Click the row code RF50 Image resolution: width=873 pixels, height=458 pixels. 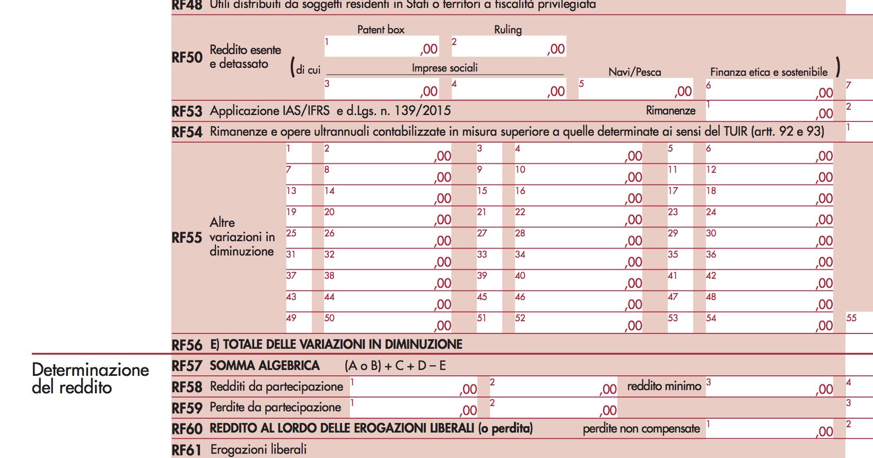tap(187, 57)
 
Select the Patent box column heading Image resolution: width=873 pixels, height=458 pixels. tap(380, 30)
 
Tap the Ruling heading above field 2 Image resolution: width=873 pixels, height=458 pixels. tap(508, 30)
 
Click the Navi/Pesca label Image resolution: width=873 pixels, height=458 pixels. tap(634, 72)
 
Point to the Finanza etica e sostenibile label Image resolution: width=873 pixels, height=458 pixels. tap(769, 72)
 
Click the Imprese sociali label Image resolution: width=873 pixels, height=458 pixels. tap(444, 68)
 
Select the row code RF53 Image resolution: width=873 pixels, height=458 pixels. tap(187, 111)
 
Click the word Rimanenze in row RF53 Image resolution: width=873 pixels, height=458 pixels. tap(670, 111)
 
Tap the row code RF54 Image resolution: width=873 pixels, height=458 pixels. tap(187, 132)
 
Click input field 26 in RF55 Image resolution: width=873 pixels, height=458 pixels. tap(387, 237)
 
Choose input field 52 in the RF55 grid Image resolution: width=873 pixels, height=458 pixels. tap(578, 322)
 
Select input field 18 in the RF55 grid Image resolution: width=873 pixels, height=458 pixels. tap(769, 195)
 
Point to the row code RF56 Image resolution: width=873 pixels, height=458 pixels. tap(187, 345)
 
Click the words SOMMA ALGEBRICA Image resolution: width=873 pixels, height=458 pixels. tap(264, 366)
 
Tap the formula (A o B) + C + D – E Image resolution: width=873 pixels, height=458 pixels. tap(395, 366)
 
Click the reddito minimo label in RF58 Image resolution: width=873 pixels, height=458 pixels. tap(664, 386)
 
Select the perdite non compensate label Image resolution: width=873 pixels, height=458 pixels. tap(641, 429)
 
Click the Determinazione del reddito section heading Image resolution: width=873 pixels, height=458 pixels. tap(90, 378)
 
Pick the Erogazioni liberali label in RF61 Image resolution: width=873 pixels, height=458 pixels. tap(258, 450)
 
